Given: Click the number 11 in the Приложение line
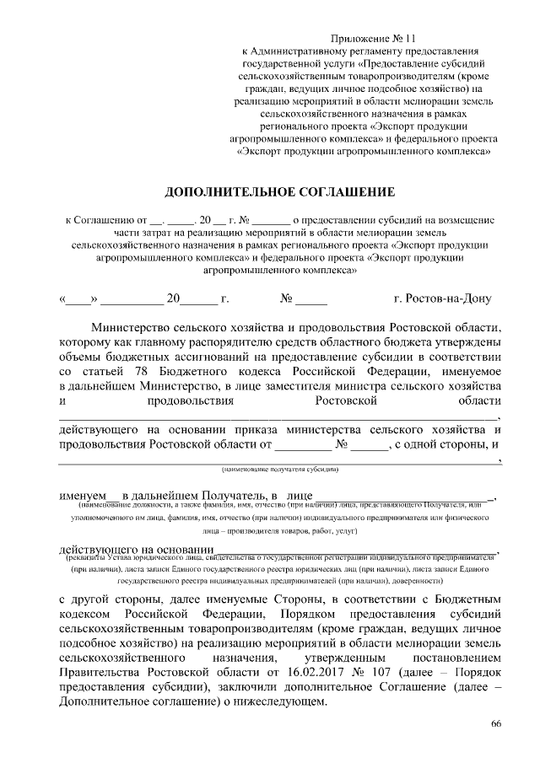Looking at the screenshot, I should point(410,39).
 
